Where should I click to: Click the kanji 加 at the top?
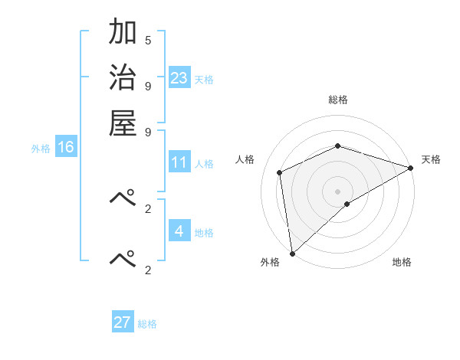pyautogui.click(x=123, y=32)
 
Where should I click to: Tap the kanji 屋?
pyautogui.click(x=123, y=123)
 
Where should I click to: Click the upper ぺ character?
pyautogui.click(x=123, y=198)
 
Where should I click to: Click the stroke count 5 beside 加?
pyautogui.click(x=148, y=40)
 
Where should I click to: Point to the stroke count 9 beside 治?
pyautogui.click(x=148, y=85)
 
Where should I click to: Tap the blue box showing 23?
pyautogui.click(x=179, y=78)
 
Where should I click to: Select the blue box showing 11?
pyautogui.click(x=179, y=162)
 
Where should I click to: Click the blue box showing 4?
pyautogui.click(x=179, y=231)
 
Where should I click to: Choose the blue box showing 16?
pyautogui.click(x=66, y=147)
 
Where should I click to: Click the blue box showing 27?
pyautogui.click(x=123, y=322)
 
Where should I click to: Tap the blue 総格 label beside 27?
pyautogui.click(x=147, y=324)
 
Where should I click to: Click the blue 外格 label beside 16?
pyautogui.click(x=41, y=149)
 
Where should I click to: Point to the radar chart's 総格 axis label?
pyautogui.click(x=338, y=100)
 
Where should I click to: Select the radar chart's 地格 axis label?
pyautogui.click(x=402, y=263)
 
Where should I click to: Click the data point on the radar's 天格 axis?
pyautogui.click(x=412, y=169)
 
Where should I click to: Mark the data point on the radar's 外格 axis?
pyautogui.click(x=292, y=254)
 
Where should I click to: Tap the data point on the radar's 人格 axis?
pyautogui.click(x=281, y=172)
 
